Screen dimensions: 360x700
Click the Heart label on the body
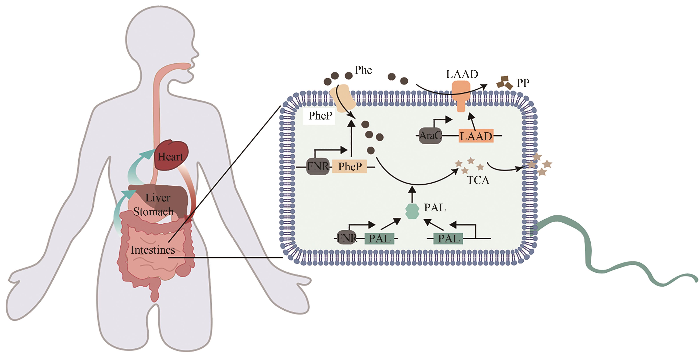pos(170,157)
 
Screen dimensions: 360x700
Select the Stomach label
pos(153,212)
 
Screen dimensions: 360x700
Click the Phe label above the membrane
pos(363,70)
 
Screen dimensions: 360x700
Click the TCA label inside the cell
pos(478,180)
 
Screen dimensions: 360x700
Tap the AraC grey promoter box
pos(430,135)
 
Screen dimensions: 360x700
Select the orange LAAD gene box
pos(476,136)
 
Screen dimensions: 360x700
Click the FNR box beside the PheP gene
pos(318,166)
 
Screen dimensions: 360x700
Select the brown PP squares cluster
pos(505,83)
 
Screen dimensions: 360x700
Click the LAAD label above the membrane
pos(462,74)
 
